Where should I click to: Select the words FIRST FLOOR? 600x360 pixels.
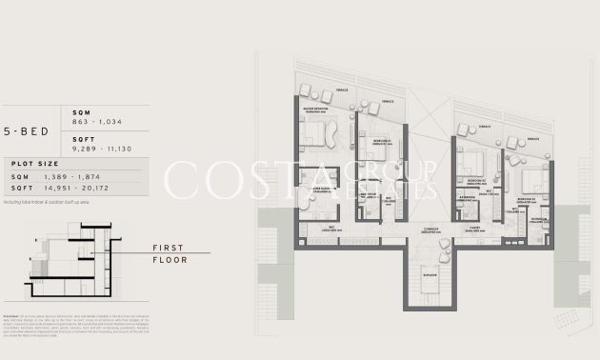[x=170, y=253]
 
